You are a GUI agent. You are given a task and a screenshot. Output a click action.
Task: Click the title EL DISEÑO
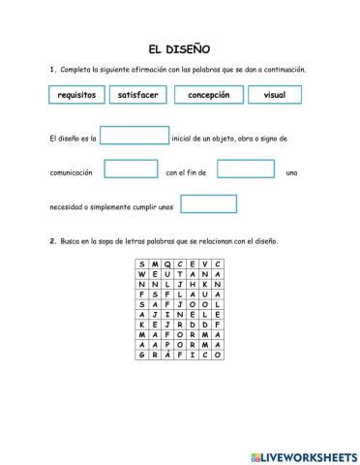click(x=179, y=48)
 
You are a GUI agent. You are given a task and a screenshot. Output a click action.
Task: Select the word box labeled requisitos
click(x=76, y=95)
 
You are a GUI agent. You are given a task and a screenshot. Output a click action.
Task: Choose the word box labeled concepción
click(x=208, y=95)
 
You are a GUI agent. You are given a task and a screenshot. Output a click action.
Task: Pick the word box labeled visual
click(x=274, y=95)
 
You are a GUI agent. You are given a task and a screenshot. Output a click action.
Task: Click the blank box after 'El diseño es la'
click(x=135, y=137)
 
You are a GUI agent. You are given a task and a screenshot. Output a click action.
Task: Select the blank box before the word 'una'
click(x=246, y=170)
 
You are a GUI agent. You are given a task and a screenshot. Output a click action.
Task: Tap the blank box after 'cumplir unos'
click(x=208, y=204)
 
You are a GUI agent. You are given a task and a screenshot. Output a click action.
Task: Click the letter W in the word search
click(x=141, y=275)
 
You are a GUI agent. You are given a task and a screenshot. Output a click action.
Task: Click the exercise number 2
click(x=51, y=241)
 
